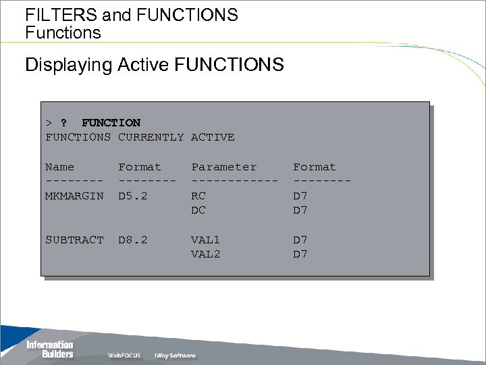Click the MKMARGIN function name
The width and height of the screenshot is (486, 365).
[74, 195]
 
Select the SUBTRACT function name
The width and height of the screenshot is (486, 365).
[74, 240]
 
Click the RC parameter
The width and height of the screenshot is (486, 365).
[198, 195]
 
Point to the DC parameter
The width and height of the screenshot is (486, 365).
[198, 210]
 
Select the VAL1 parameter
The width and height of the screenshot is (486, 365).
[206, 240]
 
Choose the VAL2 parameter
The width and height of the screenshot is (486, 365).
[206, 254]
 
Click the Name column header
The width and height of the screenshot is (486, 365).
[59, 167]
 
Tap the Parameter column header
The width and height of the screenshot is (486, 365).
[224, 167]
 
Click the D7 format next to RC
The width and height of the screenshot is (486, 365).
[300, 195]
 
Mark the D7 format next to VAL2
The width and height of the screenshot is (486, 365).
[300, 254]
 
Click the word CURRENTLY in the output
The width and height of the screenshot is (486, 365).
[151, 137]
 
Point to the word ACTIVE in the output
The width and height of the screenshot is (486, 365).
[213, 137]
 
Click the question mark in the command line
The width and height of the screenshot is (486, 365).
[63, 123]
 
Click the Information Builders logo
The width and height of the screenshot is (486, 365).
[49, 349]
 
